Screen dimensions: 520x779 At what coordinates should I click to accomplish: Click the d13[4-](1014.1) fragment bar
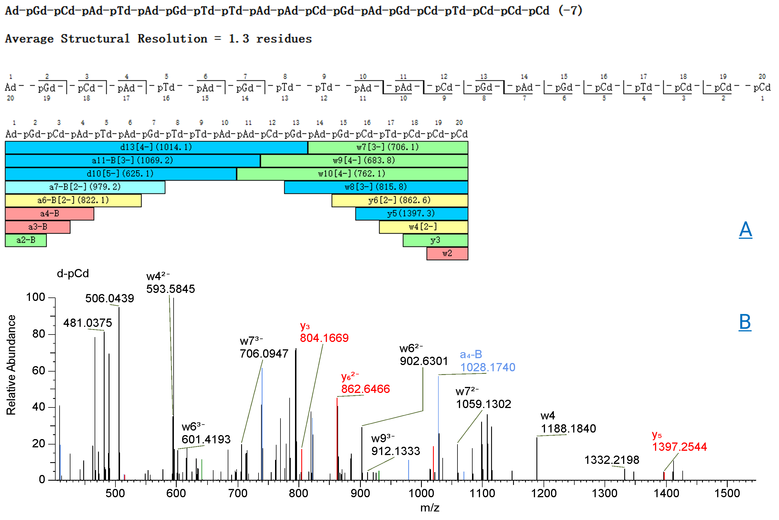coord(156,147)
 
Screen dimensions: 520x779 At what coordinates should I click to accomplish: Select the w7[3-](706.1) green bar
coord(388,147)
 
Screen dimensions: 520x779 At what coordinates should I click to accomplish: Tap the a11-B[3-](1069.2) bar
coord(133,160)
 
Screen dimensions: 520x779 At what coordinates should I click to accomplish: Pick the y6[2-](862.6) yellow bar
coord(399,200)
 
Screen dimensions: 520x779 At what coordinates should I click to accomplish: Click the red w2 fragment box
coord(447,253)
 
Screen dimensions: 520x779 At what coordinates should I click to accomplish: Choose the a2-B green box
coord(26,240)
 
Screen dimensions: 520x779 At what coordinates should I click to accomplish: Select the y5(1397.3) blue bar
coord(411,214)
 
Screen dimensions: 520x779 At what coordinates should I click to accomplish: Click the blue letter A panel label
coord(745,229)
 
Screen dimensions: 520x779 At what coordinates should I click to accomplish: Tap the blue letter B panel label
coord(745,322)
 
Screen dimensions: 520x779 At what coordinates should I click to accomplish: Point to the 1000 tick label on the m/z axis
coord(421,494)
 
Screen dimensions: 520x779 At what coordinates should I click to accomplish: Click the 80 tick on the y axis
coord(38,334)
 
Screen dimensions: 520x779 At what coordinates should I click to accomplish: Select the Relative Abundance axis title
coord(11,365)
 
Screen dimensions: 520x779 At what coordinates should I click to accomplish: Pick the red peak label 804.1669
coord(324,338)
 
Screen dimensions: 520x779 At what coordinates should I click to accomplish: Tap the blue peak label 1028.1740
coord(487,368)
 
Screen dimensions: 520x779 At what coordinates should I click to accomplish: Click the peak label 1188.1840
coord(568,429)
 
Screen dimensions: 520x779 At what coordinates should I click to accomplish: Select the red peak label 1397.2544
coord(680,447)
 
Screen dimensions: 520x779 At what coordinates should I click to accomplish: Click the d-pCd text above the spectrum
coord(73,274)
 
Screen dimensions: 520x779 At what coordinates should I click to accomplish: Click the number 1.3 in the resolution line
coord(239,39)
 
